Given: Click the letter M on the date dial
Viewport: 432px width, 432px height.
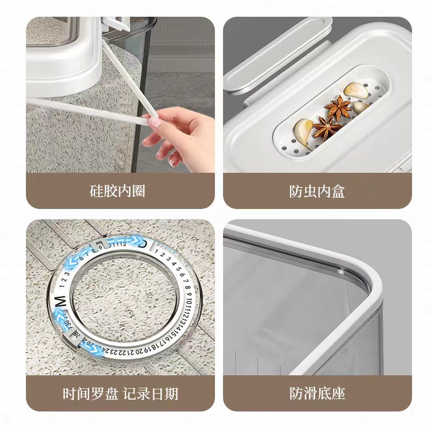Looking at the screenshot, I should [x=60, y=300].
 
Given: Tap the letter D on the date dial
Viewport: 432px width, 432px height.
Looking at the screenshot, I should [x=142, y=244].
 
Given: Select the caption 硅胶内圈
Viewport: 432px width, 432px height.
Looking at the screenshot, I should [x=117, y=191].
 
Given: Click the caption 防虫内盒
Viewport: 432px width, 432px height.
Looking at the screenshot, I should [x=317, y=191].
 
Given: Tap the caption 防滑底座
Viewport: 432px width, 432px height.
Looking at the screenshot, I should [x=317, y=393].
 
